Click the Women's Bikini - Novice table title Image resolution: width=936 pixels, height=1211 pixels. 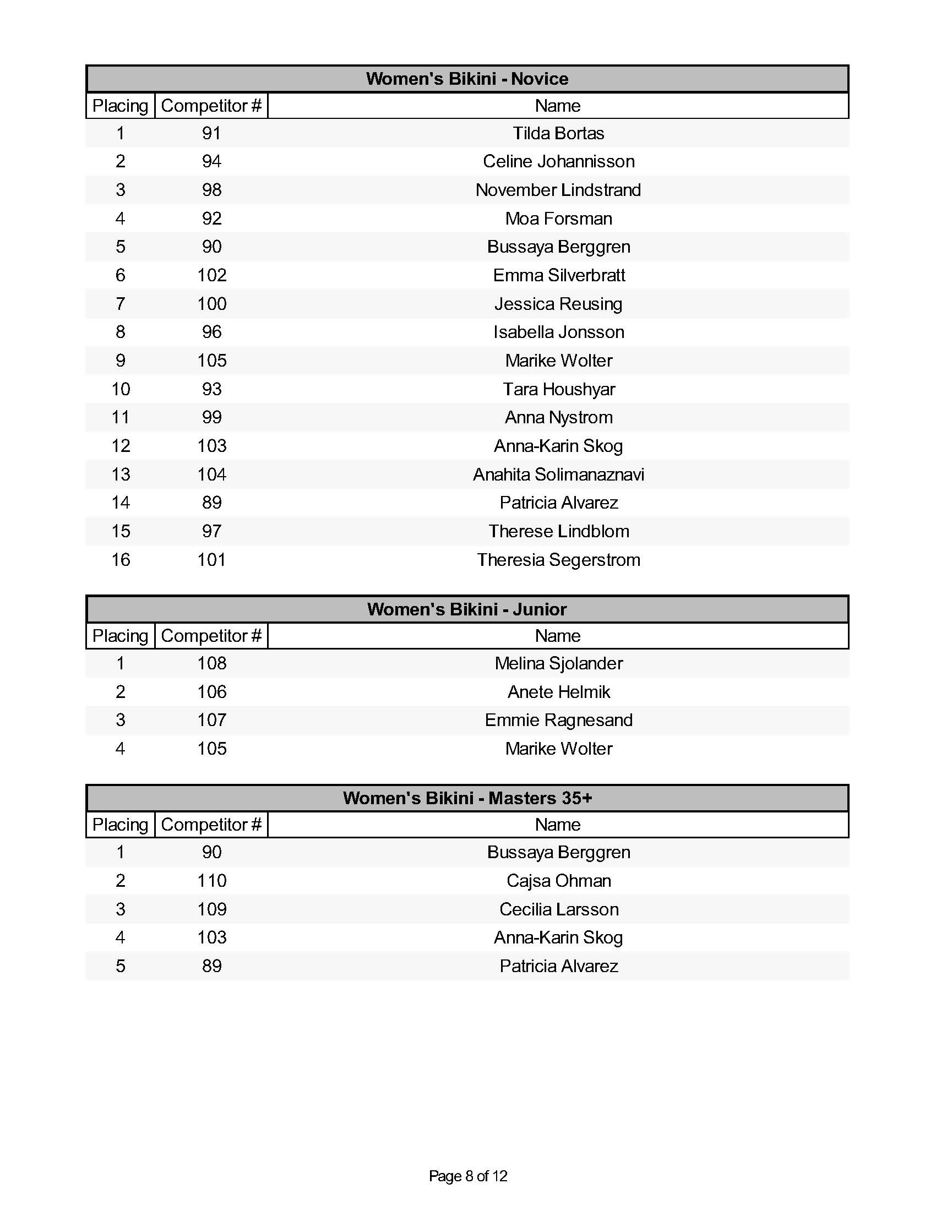(467, 79)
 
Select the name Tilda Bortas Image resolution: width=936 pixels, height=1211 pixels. (558, 133)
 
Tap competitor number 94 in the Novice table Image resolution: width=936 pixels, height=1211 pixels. (211, 161)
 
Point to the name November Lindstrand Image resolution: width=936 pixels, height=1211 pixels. (558, 190)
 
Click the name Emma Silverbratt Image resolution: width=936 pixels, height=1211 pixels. (558, 275)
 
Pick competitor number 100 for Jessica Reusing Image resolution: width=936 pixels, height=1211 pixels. (211, 304)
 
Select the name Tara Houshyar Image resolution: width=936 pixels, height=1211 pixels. (558, 389)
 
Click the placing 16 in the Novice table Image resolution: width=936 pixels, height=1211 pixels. (121, 560)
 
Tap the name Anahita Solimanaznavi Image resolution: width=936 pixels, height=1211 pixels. (558, 474)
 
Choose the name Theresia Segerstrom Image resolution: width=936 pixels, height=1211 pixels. (558, 560)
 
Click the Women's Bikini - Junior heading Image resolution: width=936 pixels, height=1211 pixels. (467, 609)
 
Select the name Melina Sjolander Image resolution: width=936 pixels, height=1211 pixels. (558, 663)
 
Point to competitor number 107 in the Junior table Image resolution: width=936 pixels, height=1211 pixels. (211, 721)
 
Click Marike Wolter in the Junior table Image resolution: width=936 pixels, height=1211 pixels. (558, 749)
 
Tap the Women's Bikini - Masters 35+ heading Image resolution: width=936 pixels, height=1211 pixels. (467, 798)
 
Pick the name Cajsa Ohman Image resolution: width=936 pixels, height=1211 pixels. (558, 881)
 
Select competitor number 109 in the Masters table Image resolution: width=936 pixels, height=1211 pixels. (211, 909)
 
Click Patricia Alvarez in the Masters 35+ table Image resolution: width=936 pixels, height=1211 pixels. (558, 966)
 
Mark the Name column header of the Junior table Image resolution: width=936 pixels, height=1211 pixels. (557, 636)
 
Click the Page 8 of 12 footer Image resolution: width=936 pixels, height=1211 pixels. (467, 1176)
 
